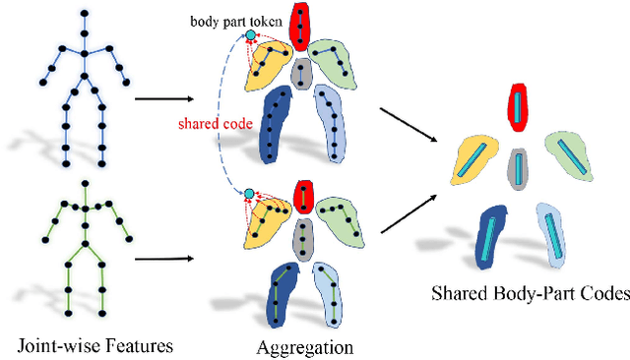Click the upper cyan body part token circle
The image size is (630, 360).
[x=250, y=36]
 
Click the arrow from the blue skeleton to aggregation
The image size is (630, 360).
[x=163, y=98]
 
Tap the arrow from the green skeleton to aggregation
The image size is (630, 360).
[x=163, y=261]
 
